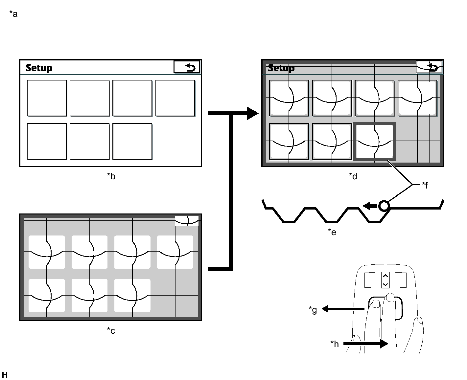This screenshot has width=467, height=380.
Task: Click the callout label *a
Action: [13, 14]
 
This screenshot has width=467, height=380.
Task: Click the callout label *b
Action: [111, 176]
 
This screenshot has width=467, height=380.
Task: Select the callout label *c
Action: [111, 330]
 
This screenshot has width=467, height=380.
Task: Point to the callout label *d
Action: [353, 176]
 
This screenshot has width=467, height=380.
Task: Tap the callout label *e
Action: [332, 232]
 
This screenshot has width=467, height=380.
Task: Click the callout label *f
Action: [425, 185]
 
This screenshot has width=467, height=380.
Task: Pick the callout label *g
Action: [313, 309]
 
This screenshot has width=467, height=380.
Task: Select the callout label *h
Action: [335, 344]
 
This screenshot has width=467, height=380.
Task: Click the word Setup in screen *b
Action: [39, 68]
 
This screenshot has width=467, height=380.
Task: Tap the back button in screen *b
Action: [187, 67]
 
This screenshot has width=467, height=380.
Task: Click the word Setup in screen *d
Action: [281, 68]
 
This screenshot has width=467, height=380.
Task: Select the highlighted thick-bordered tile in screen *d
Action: [374, 142]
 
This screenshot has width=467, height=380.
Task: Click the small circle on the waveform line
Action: [384, 206]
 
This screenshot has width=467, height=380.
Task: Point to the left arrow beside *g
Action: [342, 309]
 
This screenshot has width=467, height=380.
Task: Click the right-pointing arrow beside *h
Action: [366, 344]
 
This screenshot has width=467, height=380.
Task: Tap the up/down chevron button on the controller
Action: [385, 280]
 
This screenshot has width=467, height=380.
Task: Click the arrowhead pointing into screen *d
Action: [252, 113]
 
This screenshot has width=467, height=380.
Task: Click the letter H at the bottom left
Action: [4, 375]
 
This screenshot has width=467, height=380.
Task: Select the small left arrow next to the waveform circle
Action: [370, 206]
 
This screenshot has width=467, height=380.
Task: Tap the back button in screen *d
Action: [429, 67]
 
